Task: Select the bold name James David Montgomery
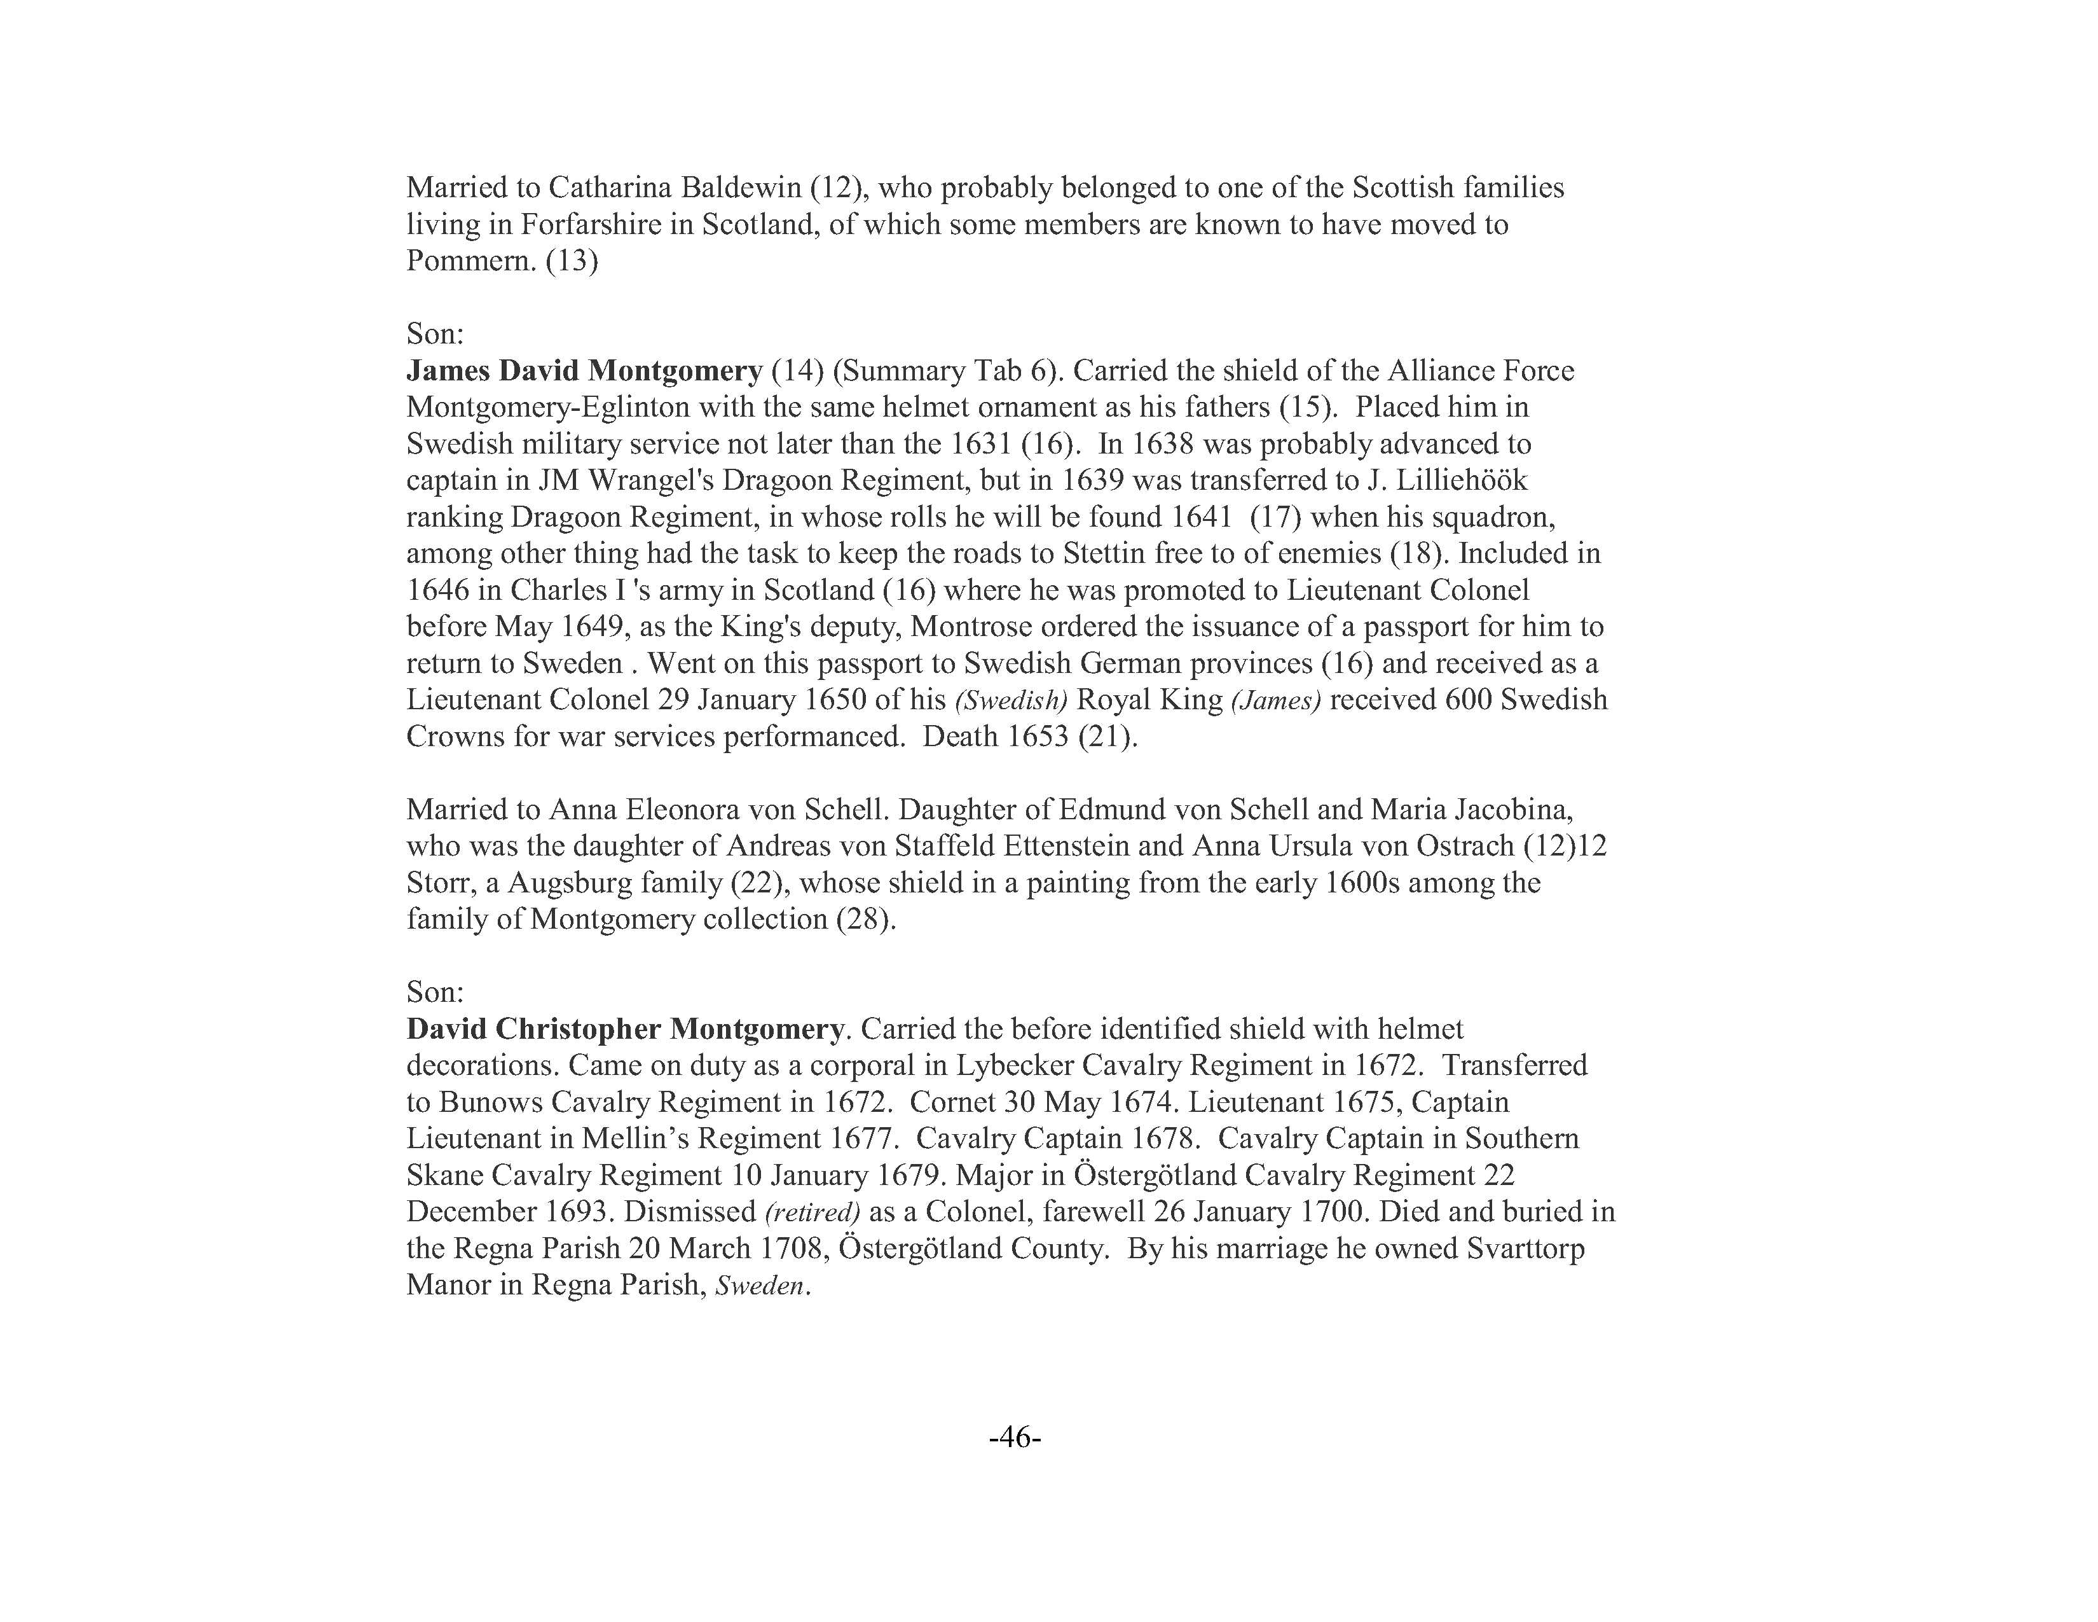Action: [584, 371]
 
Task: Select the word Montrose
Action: [971, 627]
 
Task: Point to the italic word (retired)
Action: [812, 1212]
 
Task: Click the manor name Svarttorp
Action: [1525, 1249]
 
